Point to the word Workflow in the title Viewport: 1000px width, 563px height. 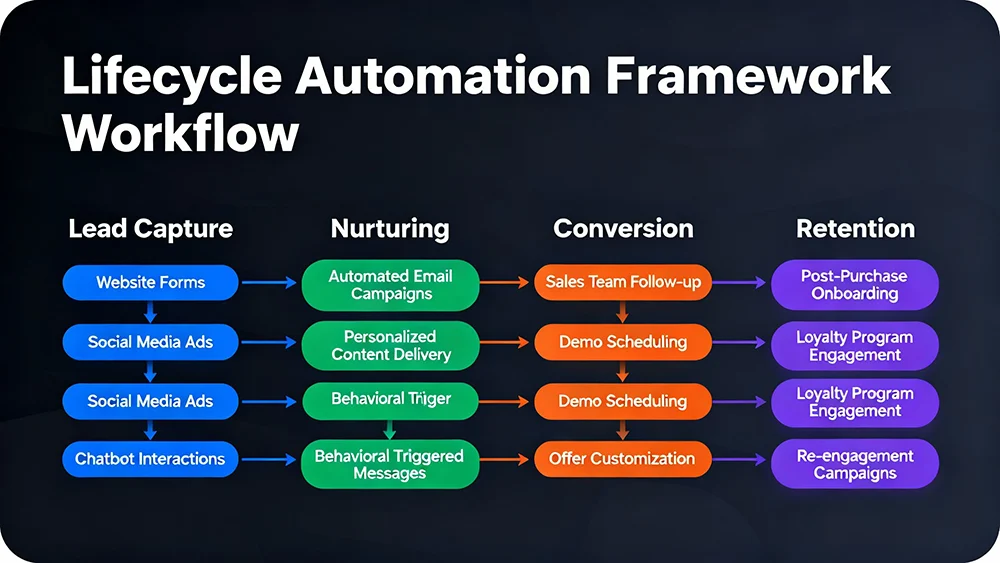point(182,133)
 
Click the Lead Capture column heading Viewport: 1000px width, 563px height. point(150,228)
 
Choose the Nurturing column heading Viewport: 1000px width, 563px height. point(390,228)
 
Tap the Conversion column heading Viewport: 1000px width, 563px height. point(622,228)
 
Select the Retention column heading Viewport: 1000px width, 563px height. point(855,228)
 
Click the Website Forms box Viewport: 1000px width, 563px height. point(150,283)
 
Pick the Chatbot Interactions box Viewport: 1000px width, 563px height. point(150,460)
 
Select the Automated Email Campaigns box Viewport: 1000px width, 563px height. point(390,284)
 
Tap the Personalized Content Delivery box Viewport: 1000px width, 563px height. point(390,345)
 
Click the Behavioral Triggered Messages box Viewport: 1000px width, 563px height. point(390,464)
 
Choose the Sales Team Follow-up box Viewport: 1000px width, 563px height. point(622,283)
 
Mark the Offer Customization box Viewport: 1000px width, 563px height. point(622,459)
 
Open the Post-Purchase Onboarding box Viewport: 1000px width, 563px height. point(855,284)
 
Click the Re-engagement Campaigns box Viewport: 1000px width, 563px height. point(855,464)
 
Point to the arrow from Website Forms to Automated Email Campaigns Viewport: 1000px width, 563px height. point(270,283)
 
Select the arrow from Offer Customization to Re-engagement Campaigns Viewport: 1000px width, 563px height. point(741,460)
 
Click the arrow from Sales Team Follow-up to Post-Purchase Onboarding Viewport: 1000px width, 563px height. point(741,283)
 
